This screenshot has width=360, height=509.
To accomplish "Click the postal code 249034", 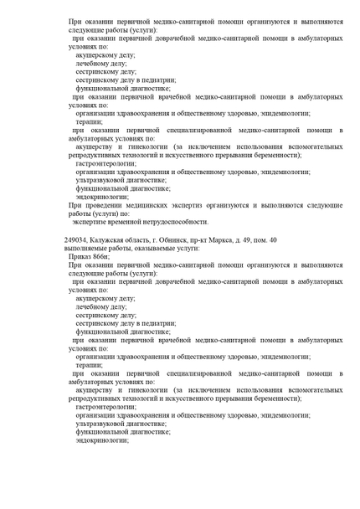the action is (79, 239).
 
